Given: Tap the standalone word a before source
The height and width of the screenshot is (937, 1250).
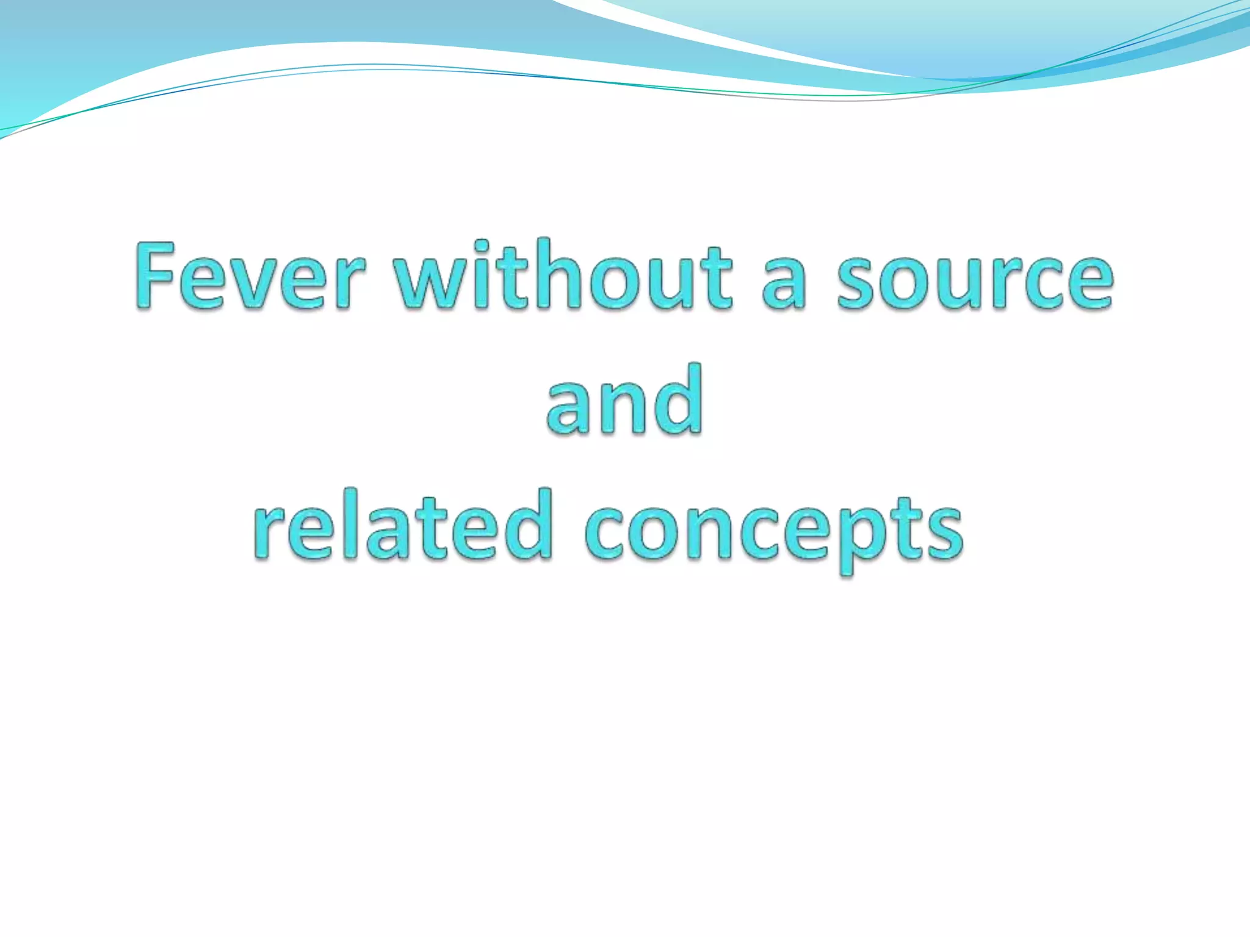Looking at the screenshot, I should click(784, 284).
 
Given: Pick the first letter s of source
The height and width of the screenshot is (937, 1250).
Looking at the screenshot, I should click(859, 284).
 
